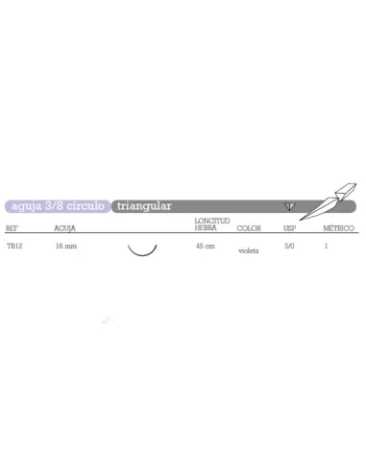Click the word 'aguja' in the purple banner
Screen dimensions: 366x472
(x=27, y=206)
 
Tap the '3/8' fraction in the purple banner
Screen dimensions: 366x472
(x=54, y=205)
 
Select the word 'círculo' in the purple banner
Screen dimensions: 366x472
(x=85, y=205)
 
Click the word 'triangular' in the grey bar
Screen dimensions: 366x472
(x=144, y=206)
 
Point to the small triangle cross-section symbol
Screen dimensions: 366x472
(x=289, y=206)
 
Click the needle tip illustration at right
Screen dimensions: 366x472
(x=328, y=201)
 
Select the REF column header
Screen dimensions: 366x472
(x=12, y=228)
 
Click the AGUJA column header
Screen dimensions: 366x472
(x=64, y=228)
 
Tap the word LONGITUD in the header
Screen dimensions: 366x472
(x=212, y=221)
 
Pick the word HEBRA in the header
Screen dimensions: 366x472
(x=206, y=227)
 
